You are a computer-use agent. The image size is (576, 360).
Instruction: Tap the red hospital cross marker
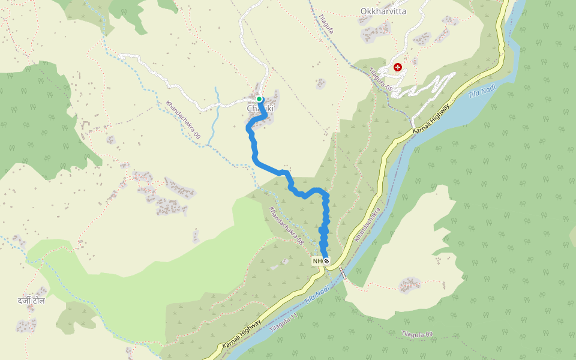tap(397, 67)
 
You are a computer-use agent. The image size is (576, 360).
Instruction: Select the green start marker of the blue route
tap(259, 99)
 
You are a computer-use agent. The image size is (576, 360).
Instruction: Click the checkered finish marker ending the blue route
tap(326, 260)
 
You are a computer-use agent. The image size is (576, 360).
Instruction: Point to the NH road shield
tap(317, 261)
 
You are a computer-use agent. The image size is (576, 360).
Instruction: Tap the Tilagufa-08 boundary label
tap(380, 79)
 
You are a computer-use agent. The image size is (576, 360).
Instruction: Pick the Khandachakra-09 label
tap(183, 119)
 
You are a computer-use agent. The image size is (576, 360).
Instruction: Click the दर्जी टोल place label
tap(31, 300)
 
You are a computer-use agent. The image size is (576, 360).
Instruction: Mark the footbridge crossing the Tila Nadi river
tap(343, 273)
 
